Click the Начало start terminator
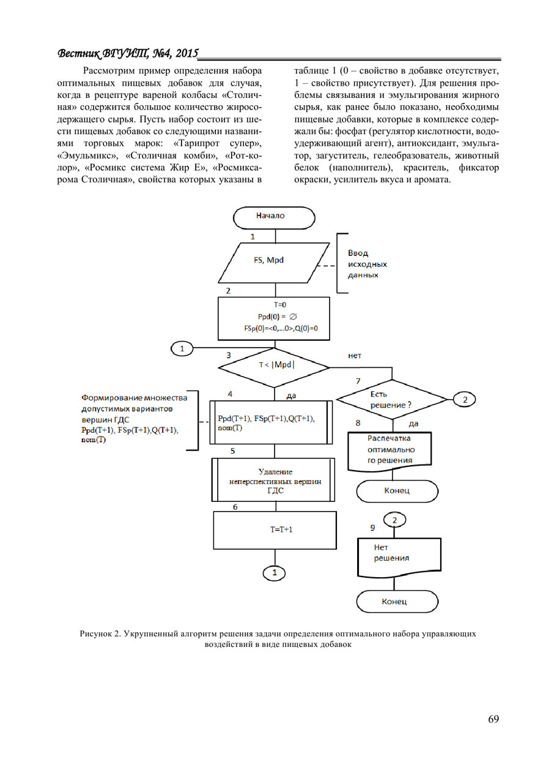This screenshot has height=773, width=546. click(274, 217)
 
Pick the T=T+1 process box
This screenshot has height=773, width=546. click(275, 530)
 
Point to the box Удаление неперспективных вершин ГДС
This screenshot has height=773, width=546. click(275, 481)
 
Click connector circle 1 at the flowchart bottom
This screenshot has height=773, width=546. click(275, 573)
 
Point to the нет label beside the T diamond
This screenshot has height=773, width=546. click(355, 354)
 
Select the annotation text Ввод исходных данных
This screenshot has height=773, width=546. click(367, 264)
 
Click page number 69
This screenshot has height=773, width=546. click(493, 719)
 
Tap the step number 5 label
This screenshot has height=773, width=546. click(233, 451)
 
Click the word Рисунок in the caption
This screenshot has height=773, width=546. click(97, 634)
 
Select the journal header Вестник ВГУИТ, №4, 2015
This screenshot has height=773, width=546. click(128, 54)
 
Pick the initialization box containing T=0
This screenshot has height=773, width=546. click(275, 318)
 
